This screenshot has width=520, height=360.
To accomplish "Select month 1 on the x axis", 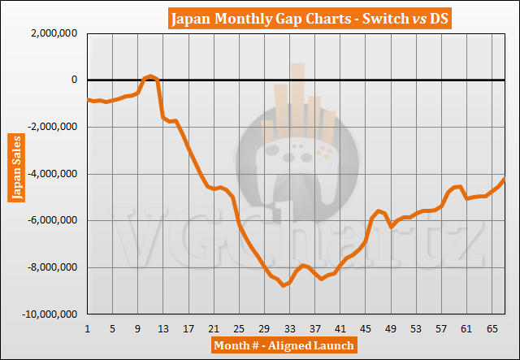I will [87, 327].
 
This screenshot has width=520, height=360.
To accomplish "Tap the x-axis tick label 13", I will [163, 327].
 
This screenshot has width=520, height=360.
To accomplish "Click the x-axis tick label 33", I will [289, 327].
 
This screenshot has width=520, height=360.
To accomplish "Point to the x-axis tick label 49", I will [391, 327].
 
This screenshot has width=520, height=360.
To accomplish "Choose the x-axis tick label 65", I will [492, 327].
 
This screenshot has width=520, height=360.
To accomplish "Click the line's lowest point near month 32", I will [284, 285].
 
